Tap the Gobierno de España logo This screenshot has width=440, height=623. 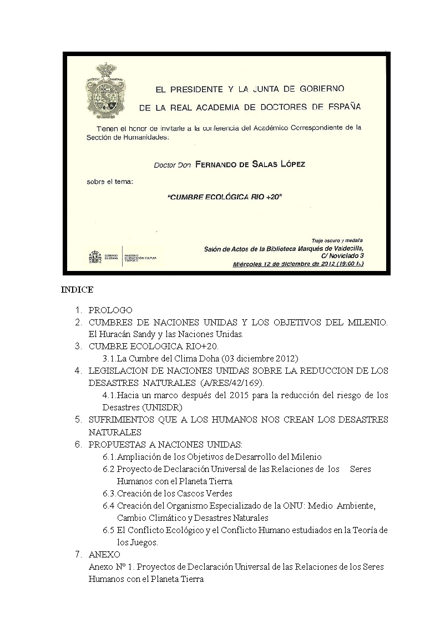pos(97,257)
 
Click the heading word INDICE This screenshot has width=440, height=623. pos(77,290)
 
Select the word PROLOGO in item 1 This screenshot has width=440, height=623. pos(110,310)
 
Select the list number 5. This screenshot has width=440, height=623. pos(79,420)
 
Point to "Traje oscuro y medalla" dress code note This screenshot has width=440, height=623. pos(333,240)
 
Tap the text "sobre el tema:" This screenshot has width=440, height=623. pos(110,182)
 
